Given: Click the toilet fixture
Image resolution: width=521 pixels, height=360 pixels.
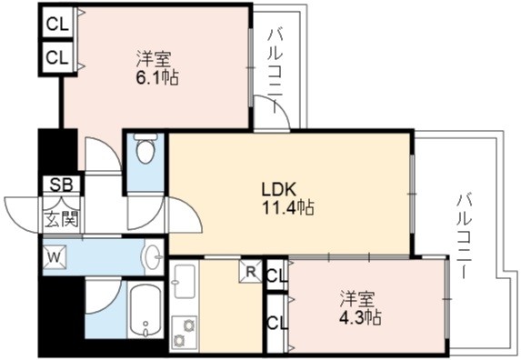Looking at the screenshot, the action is (145, 148).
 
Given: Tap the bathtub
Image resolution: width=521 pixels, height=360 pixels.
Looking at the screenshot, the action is (145, 310).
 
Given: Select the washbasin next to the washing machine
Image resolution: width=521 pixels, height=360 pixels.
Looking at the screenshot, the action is (154, 256).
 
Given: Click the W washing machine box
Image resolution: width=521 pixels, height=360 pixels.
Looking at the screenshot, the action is (55, 256).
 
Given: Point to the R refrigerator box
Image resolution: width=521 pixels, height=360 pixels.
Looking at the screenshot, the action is (251, 271).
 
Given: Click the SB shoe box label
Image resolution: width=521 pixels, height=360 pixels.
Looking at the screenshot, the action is (62, 185).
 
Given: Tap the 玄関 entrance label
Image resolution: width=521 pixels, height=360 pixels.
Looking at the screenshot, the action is (62, 219).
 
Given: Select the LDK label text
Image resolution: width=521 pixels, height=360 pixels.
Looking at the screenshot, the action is (279, 190).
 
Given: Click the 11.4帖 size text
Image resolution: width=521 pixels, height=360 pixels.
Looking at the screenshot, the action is (288, 208).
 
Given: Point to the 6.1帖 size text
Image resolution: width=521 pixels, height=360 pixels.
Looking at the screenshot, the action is (157, 77).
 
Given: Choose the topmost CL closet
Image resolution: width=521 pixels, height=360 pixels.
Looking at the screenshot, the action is (57, 24).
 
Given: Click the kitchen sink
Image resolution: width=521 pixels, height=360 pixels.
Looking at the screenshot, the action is (184, 281).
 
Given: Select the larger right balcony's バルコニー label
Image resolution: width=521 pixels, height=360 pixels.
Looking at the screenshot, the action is (465, 236).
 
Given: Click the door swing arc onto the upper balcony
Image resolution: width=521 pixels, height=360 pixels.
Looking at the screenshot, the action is (277, 106).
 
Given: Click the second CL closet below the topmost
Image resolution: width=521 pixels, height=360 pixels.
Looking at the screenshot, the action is (57, 57).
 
